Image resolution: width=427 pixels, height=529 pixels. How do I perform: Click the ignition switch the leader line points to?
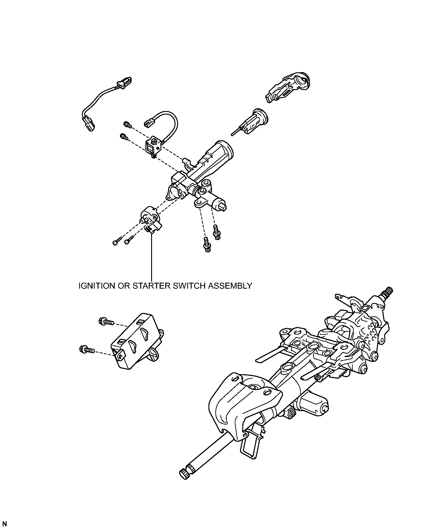[151, 220]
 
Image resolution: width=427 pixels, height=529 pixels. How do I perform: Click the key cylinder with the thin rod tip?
[250, 123]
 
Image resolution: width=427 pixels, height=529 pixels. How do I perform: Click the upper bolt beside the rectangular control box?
[106, 322]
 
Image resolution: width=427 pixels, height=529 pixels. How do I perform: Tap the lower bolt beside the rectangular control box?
[87, 349]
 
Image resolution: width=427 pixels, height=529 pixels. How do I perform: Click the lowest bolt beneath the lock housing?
[206, 245]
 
